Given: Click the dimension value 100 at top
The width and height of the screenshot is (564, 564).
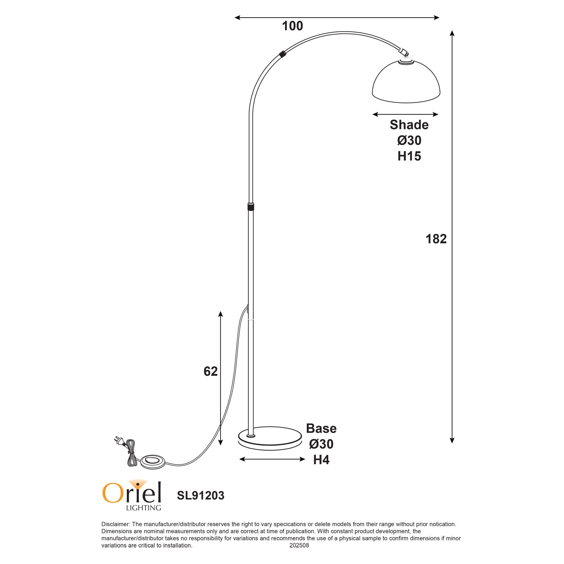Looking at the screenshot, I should tap(292, 26).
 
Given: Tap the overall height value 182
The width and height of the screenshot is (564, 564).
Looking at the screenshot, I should tap(436, 239).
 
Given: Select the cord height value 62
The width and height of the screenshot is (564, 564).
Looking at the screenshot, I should tap(210, 371).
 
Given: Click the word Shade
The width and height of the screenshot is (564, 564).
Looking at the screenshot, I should tap(409, 125).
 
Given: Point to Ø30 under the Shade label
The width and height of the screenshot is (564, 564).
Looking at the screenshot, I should tap(409, 141).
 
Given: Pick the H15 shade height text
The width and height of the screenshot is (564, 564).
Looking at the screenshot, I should tap(409, 157).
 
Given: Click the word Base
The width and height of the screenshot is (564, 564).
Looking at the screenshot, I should tap(321, 429).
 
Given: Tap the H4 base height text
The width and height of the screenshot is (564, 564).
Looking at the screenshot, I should tap(321, 460).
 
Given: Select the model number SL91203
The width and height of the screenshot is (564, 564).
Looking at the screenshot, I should tap(201, 495).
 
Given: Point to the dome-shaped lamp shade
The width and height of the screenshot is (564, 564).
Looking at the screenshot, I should tap(406, 83).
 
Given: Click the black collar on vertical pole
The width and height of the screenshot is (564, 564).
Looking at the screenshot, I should tap(250, 207).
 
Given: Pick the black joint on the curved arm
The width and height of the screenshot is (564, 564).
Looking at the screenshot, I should tap(282, 54).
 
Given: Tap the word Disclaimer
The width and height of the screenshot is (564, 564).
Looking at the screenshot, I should tap(115, 524).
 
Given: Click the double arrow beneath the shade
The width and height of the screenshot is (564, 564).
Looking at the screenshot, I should tap(405, 114).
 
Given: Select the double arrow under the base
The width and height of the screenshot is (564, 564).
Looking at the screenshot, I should tap(272, 459).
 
